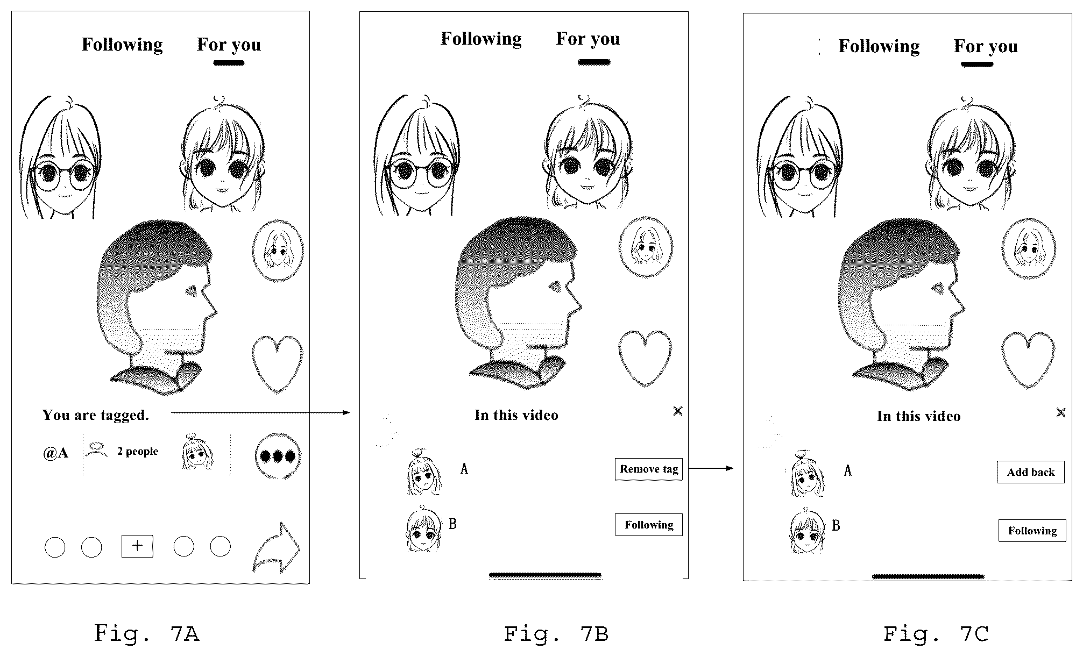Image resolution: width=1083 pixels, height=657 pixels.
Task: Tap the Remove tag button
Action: [648, 469]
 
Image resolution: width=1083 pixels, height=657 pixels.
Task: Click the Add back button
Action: [1030, 472]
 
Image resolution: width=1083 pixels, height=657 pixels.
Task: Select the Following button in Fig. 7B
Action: [648, 525]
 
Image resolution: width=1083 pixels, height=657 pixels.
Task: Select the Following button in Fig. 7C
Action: [1032, 531]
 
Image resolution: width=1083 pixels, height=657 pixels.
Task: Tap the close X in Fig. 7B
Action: [677, 411]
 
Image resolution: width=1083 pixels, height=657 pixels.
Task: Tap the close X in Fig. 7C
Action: [1060, 412]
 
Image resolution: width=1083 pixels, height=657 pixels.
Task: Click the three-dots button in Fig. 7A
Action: [278, 456]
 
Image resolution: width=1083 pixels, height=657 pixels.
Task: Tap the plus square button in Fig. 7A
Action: [137, 546]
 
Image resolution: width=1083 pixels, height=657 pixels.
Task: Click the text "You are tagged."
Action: [96, 415]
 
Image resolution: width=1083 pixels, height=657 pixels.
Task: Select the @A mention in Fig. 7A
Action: [55, 453]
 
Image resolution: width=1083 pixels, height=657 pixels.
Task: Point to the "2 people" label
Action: [138, 452]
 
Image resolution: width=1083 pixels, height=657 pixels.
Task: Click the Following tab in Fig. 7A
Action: [122, 45]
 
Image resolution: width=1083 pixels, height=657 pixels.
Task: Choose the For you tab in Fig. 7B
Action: [588, 39]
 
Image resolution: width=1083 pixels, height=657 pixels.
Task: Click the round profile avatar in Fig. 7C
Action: [1028, 248]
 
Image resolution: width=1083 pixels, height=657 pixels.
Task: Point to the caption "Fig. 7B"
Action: [556, 634]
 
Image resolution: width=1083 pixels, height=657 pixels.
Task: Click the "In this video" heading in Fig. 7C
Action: [918, 416]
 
